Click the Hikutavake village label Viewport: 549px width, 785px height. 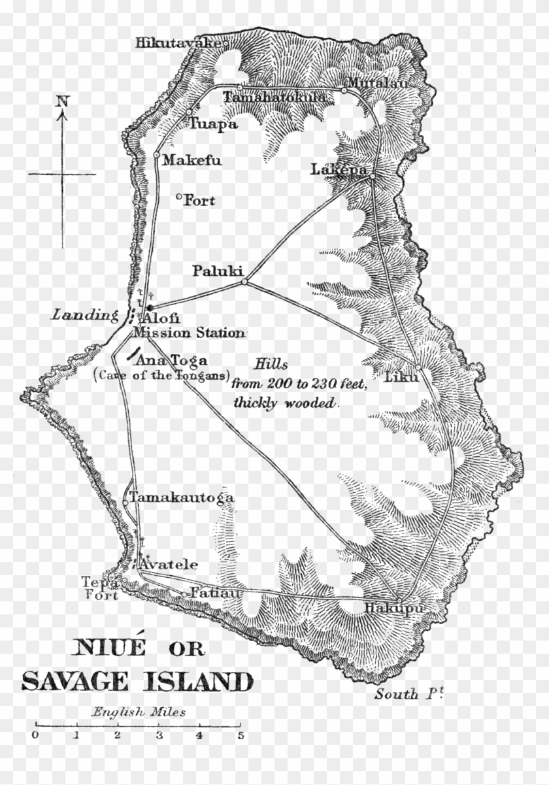178,44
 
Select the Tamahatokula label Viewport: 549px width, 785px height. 274,97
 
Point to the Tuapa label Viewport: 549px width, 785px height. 213,124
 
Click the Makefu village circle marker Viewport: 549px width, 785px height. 157,155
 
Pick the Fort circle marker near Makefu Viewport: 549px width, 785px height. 179,197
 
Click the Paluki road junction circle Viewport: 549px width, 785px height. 244,282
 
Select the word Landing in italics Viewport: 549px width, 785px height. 82,315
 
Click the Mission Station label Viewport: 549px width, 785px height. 189,333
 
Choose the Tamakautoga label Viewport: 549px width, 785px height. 181,498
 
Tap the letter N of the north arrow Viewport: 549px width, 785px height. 62,101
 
